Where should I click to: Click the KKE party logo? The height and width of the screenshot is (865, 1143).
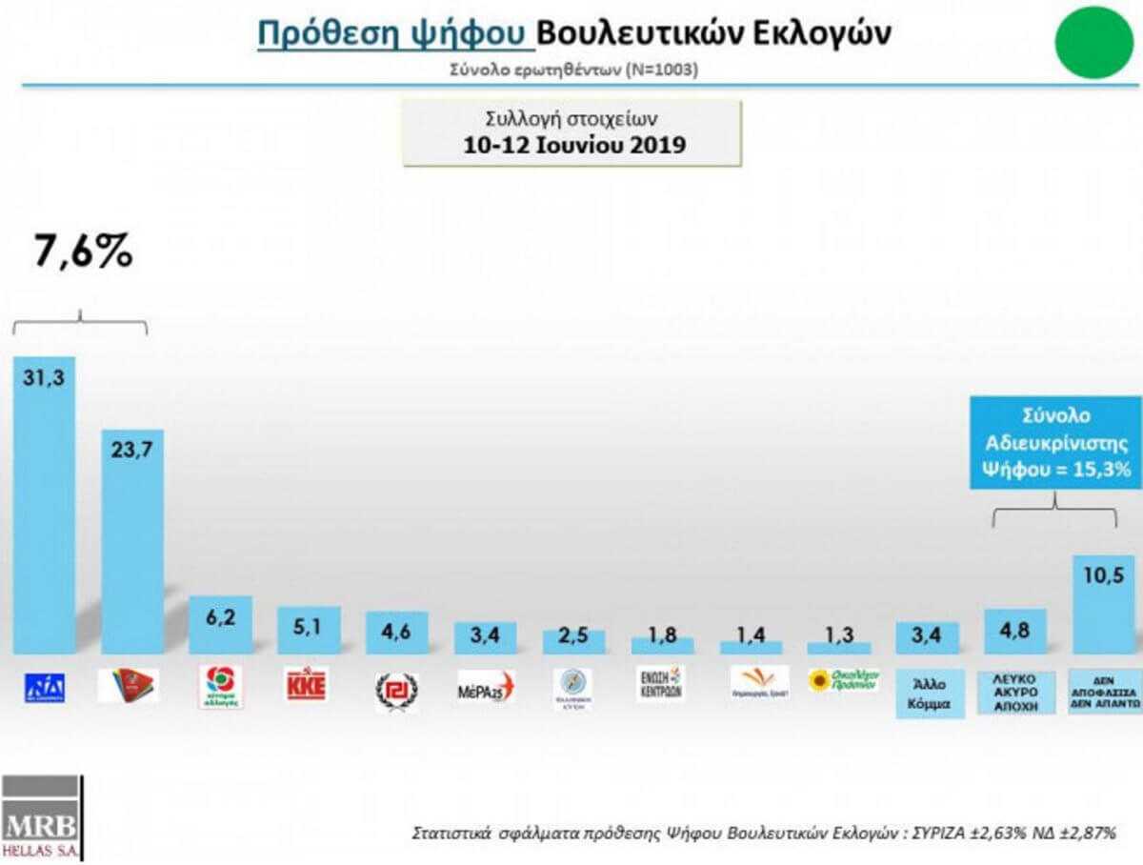[308, 685]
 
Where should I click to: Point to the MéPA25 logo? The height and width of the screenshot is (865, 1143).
[484, 686]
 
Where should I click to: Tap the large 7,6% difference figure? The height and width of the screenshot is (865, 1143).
[83, 253]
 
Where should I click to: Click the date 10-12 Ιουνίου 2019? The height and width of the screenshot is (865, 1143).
[571, 146]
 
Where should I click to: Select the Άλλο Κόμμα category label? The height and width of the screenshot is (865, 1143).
[928, 694]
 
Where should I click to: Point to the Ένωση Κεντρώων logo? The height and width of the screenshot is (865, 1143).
[660, 683]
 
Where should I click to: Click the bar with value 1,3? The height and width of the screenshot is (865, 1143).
[838, 647]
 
